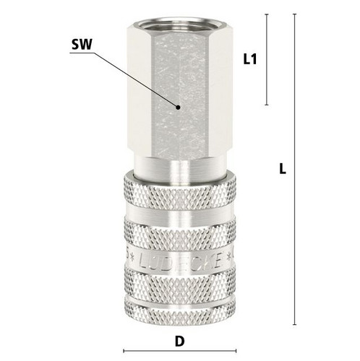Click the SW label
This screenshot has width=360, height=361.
click(x=82, y=45)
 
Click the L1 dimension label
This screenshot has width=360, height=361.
click(x=250, y=59)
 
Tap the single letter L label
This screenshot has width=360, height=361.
click(x=283, y=169)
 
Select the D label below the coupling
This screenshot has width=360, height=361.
click(x=179, y=342)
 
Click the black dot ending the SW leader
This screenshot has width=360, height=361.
click(x=178, y=108)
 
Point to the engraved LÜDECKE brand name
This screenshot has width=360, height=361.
click(x=180, y=261)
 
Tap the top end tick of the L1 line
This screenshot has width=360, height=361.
click(x=267, y=14)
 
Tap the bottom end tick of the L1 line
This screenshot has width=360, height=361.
click(x=267, y=105)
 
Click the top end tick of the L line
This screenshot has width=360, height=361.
click(x=294, y=14)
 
